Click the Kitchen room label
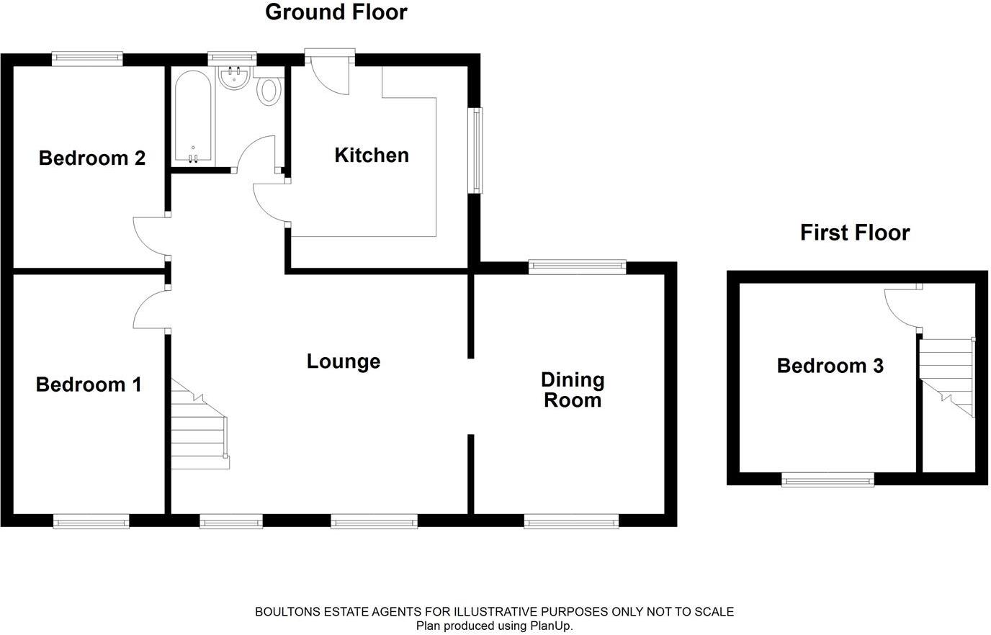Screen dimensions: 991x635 (x=372, y=156)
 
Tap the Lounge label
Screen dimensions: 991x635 (x=344, y=361)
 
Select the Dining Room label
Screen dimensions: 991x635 (x=573, y=390)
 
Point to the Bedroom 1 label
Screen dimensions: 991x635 (x=89, y=384)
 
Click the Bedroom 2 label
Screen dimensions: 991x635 (x=92, y=158)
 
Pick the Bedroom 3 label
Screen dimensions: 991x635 (x=830, y=366)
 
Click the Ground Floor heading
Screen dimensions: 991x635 (x=336, y=12)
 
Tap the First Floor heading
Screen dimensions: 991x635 (x=855, y=233)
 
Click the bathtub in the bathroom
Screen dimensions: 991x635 (x=193, y=117)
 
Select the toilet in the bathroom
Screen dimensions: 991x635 (x=269, y=91)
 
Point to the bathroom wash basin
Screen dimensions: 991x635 (x=234, y=78)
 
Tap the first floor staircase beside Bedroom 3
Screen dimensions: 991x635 (x=947, y=378)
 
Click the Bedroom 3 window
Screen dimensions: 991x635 (x=828, y=479)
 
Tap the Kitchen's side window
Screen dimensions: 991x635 (x=475, y=150)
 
